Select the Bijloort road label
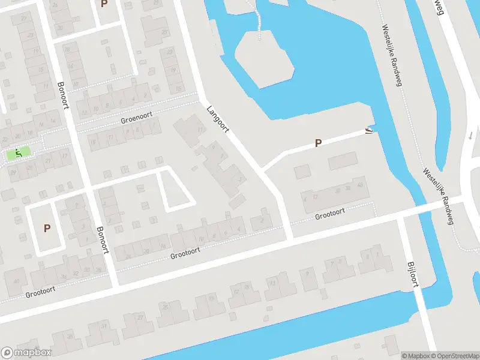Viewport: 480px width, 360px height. (x=412, y=274)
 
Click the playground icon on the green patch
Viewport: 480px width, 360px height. (x=18, y=154)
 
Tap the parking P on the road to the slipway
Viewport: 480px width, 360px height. (x=319, y=143)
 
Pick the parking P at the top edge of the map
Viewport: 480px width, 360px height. (x=104, y=4)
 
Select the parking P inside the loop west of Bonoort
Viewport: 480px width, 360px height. (x=46, y=228)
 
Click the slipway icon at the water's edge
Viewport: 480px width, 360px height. (x=368, y=130)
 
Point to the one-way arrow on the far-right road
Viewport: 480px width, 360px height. (x=472, y=135)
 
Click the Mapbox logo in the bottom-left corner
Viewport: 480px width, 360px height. (x=26, y=353)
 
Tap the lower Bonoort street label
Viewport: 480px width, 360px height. (x=103, y=239)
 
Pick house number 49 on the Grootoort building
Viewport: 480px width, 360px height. (x=360, y=185)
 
